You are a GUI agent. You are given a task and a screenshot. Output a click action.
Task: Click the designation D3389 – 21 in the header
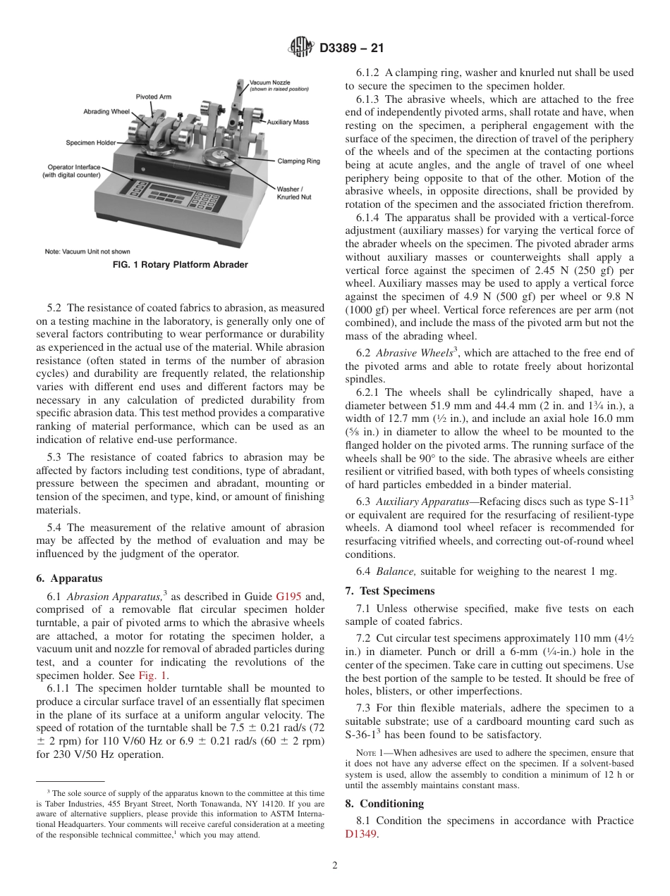coord(351,49)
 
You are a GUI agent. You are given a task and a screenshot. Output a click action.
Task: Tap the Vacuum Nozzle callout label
coord(269,86)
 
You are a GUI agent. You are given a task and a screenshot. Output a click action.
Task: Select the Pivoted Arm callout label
coord(153,97)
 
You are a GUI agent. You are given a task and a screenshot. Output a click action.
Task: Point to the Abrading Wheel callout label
coord(106,111)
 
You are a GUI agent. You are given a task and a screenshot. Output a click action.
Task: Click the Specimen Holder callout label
coord(90,143)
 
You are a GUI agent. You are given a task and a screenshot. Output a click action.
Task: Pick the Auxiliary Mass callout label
coord(288,123)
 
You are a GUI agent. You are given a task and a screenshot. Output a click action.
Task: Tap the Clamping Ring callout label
coord(298,161)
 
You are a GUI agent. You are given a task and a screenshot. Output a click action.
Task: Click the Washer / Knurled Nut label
coord(293,193)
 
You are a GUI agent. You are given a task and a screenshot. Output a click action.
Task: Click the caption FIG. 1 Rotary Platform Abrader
coord(181,265)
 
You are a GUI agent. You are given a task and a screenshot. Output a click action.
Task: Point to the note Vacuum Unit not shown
coord(87,251)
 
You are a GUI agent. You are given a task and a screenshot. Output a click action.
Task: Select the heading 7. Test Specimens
coord(389,590)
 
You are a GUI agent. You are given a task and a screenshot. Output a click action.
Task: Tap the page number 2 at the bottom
coord(335,866)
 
